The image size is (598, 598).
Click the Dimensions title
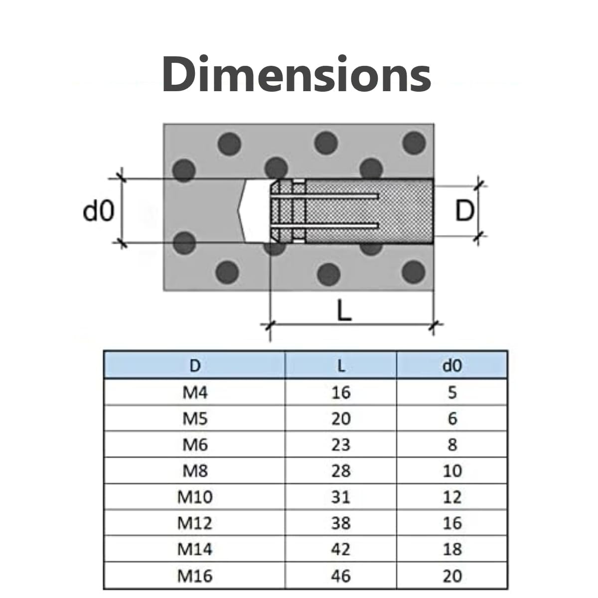coord(297,74)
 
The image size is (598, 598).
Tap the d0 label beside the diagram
coord(99,211)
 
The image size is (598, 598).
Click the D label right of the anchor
coord(464,211)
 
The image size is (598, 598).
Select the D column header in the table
coord(195,366)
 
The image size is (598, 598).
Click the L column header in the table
coord(341,366)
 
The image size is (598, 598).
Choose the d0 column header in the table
coord(452,366)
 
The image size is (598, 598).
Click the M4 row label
coord(195,393)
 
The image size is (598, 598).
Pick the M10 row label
coord(195,497)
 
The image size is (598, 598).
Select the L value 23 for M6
coord(341,445)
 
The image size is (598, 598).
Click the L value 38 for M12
coord(341,523)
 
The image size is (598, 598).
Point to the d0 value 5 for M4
coord(452,393)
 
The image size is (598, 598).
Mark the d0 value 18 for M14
coord(452,549)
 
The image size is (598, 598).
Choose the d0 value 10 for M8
coord(452,471)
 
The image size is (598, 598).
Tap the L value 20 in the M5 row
coord(341,419)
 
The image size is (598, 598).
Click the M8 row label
coord(195,471)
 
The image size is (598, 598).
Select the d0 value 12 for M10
coord(452,497)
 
